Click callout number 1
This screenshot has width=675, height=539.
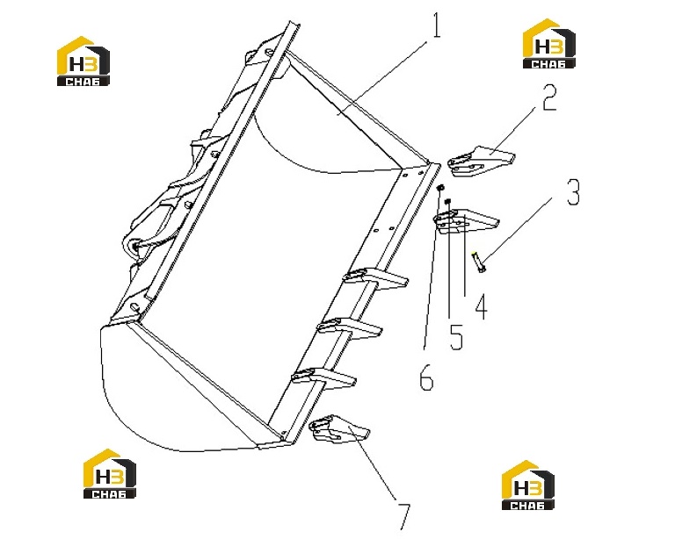click(x=437, y=25)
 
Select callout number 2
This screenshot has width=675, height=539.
click(x=549, y=97)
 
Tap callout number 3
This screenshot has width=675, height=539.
click(x=573, y=191)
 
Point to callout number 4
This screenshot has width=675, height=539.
click(x=482, y=306)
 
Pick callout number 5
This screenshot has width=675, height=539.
click(x=456, y=336)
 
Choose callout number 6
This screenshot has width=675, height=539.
click(x=426, y=377)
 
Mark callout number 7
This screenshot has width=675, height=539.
click(x=403, y=517)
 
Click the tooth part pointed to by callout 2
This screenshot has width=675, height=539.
click(x=482, y=161)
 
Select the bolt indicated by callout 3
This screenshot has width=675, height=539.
click(x=479, y=262)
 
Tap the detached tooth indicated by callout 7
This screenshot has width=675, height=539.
click(x=339, y=429)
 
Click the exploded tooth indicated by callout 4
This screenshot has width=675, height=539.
click(x=466, y=221)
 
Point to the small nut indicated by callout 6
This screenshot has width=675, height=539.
click(x=440, y=188)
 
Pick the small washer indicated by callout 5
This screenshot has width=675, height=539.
click(x=447, y=201)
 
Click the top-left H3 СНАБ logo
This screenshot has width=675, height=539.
click(x=83, y=61)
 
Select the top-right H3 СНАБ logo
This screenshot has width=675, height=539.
click(x=548, y=43)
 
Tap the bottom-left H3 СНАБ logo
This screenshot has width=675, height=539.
click(x=109, y=474)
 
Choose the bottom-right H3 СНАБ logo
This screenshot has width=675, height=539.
click(x=527, y=485)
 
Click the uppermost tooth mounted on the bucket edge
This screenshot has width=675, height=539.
click(x=375, y=278)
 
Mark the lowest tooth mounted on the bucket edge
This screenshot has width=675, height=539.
click(x=323, y=378)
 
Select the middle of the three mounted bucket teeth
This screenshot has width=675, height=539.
click(x=349, y=329)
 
